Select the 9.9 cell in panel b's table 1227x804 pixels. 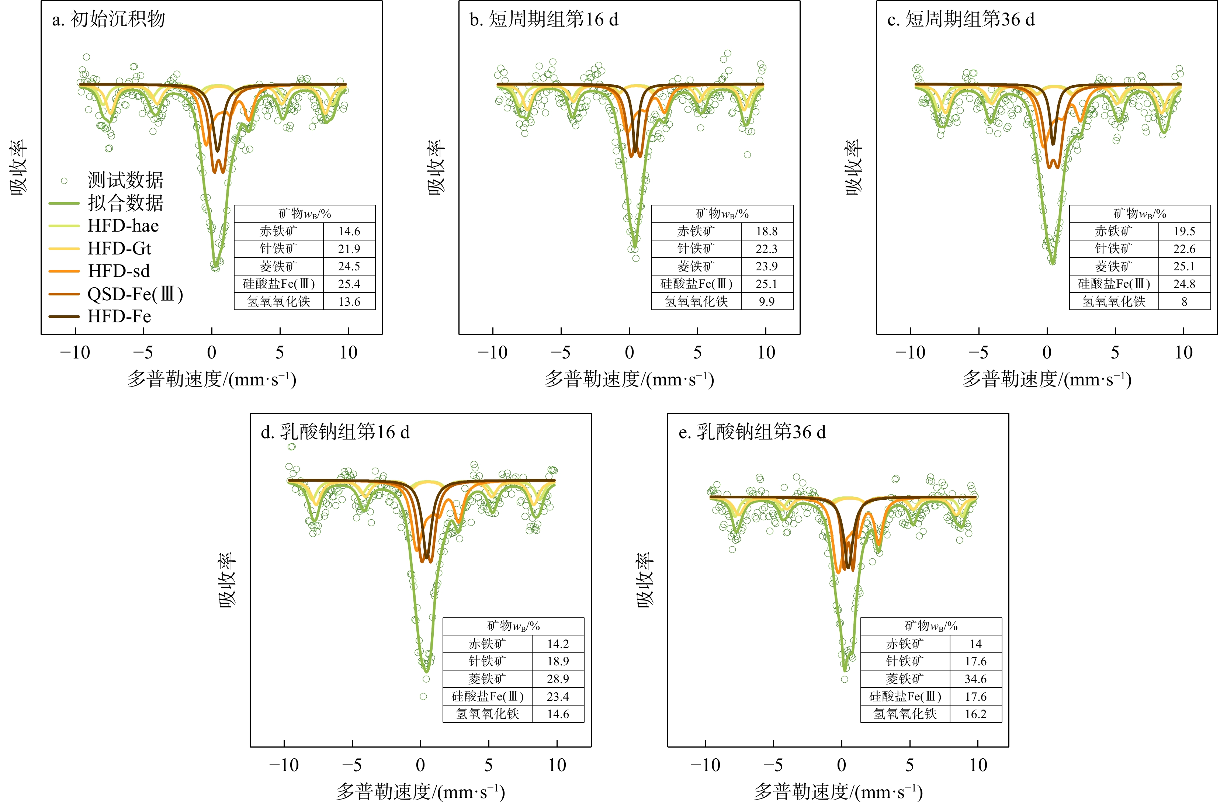coord(767,302)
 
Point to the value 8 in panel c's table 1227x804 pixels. coord(1184,302)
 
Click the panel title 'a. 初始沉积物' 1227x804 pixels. coord(108,20)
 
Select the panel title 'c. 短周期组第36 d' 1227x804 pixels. coord(960,20)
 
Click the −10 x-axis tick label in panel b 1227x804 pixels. coord(492,353)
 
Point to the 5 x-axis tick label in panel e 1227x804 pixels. coord(910,765)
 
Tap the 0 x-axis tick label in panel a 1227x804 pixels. coord(211,353)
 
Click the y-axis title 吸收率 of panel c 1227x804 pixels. coord(853,167)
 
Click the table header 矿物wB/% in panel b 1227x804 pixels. coord(722,214)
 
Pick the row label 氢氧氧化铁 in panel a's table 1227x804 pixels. coord(278,302)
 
